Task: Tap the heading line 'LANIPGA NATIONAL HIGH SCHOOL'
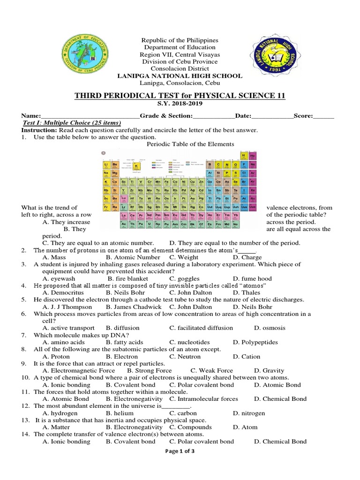[x=180, y=75]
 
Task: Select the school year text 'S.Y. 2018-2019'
[x=180, y=104]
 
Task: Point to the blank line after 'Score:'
[x=324, y=116]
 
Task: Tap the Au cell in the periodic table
[x=192, y=199]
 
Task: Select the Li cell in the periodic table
[x=106, y=165]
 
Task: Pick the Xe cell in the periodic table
[x=253, y=190]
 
